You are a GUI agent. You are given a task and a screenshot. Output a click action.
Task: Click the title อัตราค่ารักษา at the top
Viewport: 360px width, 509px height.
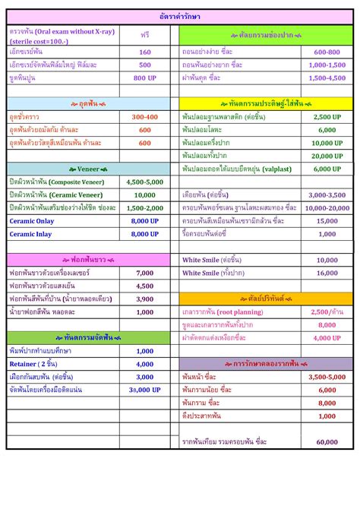180,16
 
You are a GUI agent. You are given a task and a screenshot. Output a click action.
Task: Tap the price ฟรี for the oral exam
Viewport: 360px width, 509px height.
145,35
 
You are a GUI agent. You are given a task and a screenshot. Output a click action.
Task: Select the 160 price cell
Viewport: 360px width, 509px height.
145,52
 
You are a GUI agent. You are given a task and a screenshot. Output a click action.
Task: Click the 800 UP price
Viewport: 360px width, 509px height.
145,78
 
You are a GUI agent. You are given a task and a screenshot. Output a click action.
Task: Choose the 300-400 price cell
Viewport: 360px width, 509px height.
145,117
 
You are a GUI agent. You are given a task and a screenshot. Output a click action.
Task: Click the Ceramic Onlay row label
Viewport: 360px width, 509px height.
31,221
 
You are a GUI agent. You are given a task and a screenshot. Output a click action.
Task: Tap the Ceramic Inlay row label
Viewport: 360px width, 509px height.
30,234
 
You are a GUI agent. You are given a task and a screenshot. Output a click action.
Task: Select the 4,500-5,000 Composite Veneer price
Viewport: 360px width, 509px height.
145,182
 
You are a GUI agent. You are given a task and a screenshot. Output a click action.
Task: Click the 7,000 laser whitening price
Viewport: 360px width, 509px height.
145,273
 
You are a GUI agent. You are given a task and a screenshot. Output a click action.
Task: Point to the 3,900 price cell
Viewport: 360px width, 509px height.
145,299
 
